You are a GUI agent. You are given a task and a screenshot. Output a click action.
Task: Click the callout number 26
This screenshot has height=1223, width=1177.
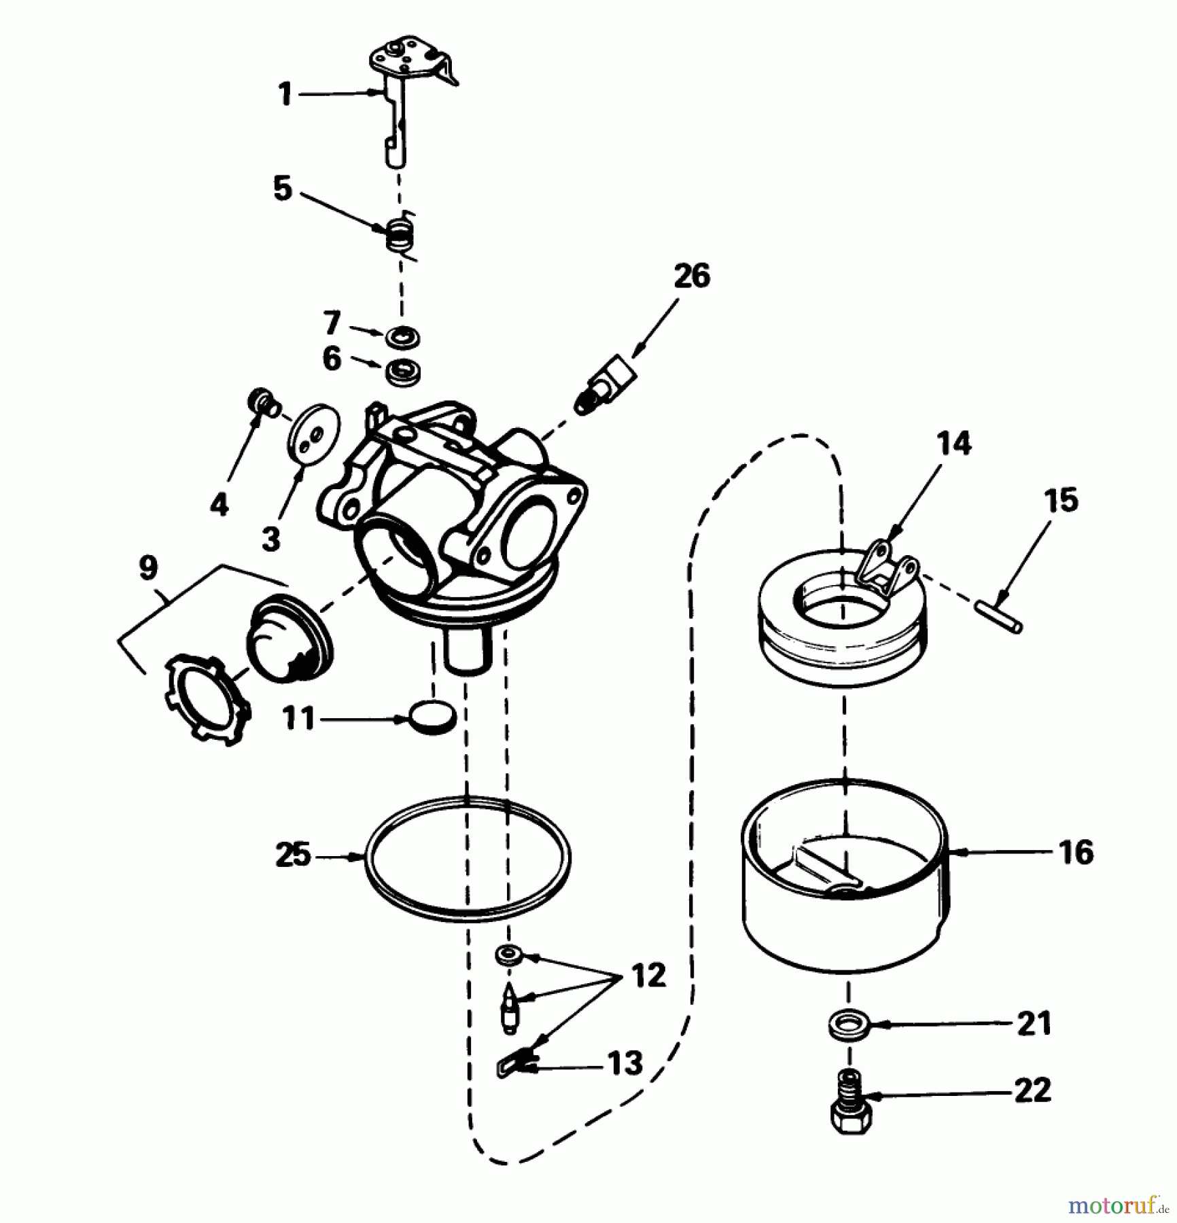(x=691, y=277)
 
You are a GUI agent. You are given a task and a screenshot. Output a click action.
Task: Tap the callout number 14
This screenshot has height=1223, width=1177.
(x=953, y=444)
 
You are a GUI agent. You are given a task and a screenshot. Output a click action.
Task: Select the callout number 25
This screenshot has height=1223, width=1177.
(x=293, y=855)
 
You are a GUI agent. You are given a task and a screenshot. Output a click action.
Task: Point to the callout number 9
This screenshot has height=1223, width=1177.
(x=148, y=568)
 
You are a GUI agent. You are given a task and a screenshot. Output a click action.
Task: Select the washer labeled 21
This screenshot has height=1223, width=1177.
(x=849, y=1025)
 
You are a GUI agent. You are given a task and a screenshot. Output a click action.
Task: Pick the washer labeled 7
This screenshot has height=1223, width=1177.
(x=402, y=336)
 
